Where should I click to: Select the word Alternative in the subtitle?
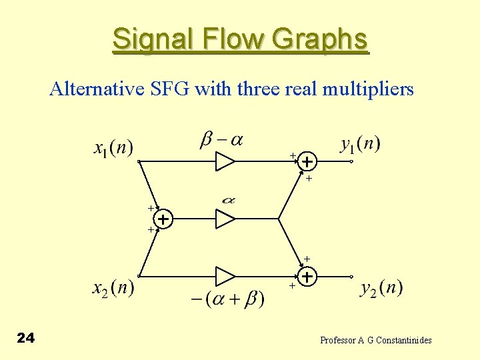tap(96, 89)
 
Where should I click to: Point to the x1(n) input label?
tap(113, 147)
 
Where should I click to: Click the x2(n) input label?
tap(113, 288)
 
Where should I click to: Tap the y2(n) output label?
tap(381, 288)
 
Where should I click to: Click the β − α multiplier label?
tap(221, 140)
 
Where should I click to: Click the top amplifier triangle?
tap(225, 161)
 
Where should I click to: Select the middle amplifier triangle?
tap(225, 219)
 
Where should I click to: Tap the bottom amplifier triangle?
tap(225, 276)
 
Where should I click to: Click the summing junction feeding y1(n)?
tap(306, 162)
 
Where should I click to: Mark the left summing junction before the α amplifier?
tap(163, 219)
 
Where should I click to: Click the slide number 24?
tap(25, 339)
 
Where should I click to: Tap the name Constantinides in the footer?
tap(403, 340)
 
